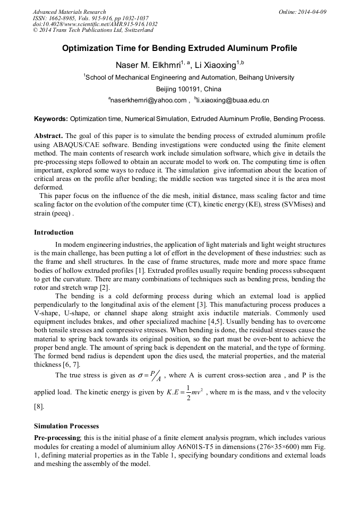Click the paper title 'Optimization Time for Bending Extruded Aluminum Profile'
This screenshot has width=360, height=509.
(179, 48)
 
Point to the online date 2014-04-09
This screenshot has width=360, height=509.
(312, 12)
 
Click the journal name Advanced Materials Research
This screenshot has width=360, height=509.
(69, 12)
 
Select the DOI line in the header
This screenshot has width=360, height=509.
(95, 24)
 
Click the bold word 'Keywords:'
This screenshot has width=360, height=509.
(51, 119)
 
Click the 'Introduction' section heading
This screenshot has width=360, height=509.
(54, 232)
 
